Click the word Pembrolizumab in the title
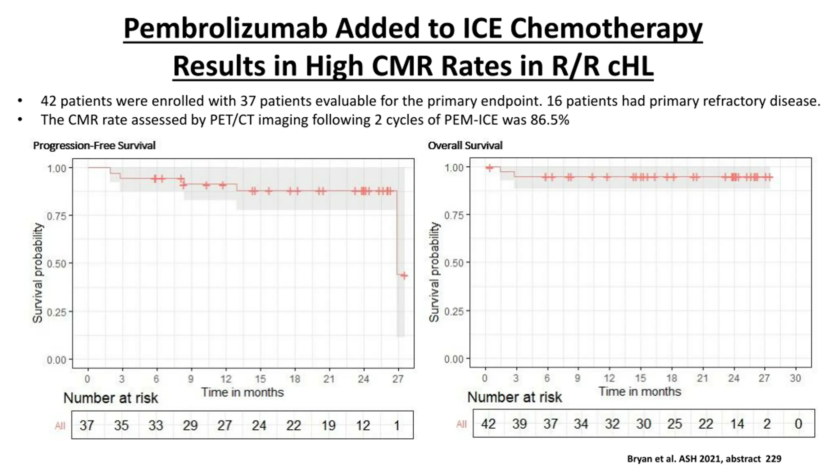pos(225,29)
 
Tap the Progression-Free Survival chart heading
pos(94,146)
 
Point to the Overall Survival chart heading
pos(465,146)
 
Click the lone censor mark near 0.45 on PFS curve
pos(404,276)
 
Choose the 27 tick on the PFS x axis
pos(398,379)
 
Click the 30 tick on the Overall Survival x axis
pos(795,378)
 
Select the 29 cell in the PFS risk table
pos(190,425)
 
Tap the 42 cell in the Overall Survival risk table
pos(488,424)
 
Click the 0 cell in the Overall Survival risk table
pos(798,424)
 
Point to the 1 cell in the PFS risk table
pos(397,425)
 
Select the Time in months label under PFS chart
pos(242,392)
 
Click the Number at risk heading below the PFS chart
pos(110,398)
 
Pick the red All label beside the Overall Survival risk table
pos(461,424)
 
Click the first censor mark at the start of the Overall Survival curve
pos(489,168)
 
